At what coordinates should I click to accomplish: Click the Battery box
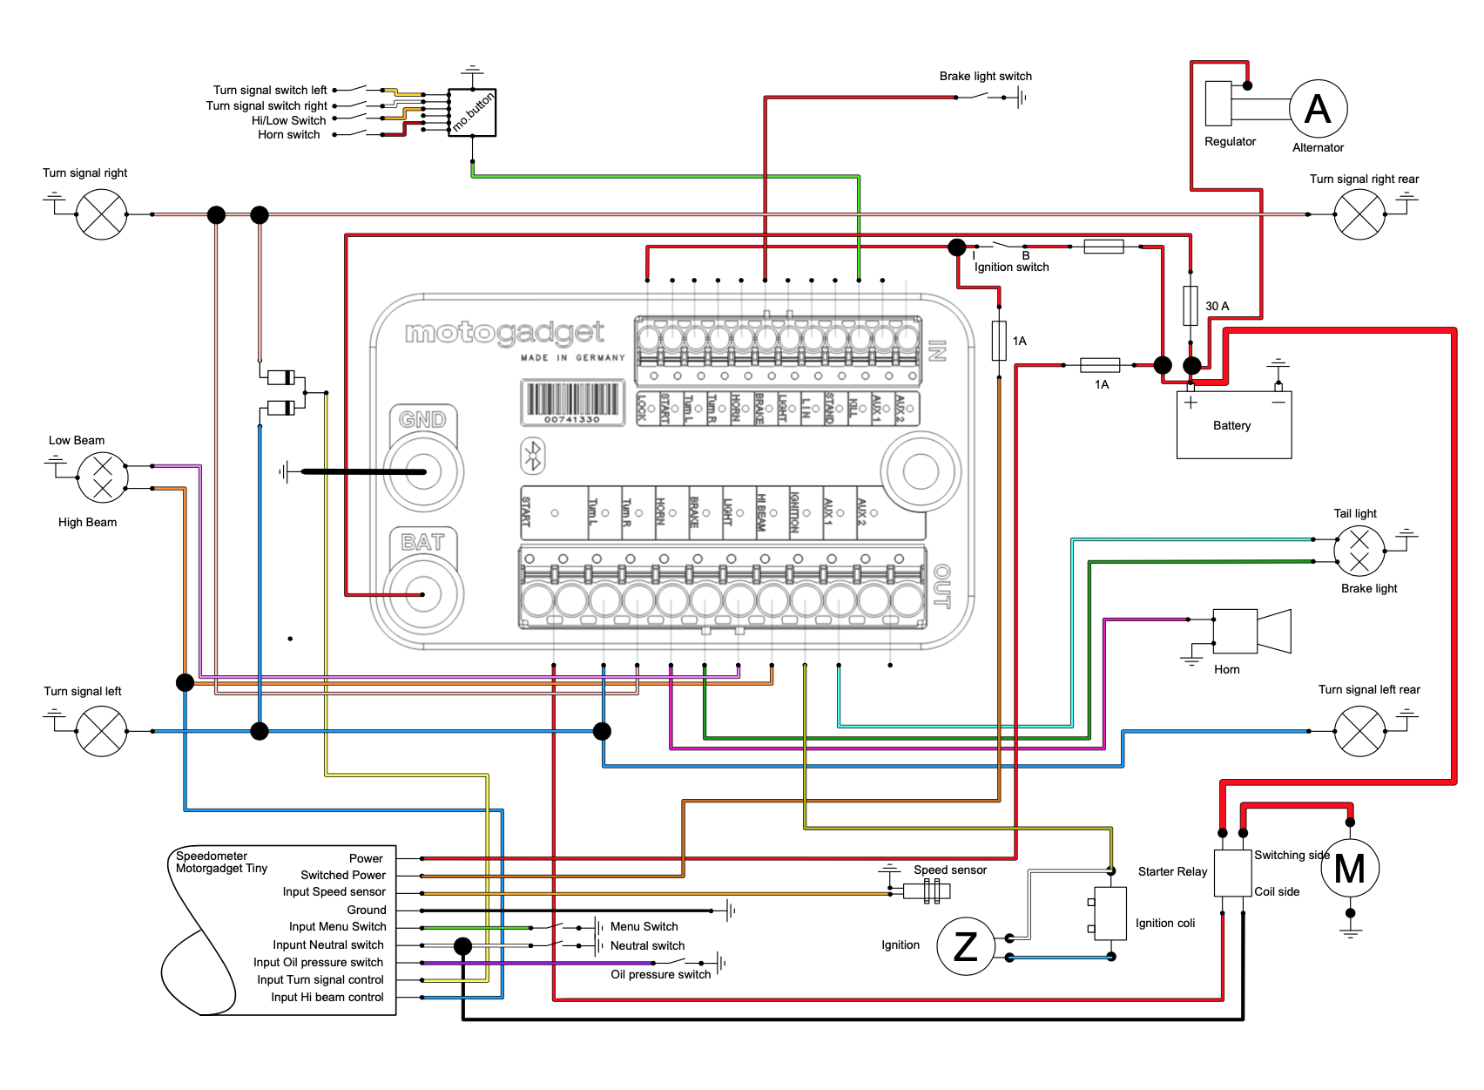point(1233,425)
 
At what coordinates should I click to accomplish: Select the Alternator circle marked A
point(1318,109)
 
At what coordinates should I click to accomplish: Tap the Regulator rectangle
point(1218,104)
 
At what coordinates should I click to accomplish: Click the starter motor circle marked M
point(1350,868)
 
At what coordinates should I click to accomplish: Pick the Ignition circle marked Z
point(965,946)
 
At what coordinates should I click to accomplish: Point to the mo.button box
point(472,112)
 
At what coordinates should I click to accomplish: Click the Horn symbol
point(1245,631)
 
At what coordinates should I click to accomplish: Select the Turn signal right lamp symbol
point(102,214)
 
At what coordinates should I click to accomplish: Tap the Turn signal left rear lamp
point(1359,731)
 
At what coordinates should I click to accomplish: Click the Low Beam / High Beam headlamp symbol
point(102,477)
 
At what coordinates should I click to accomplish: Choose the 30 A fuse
point(1191,305)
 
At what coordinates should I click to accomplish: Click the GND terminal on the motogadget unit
point(424,471)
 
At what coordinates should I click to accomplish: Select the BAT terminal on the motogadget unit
point(424,594)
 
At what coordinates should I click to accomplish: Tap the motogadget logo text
point(504,332)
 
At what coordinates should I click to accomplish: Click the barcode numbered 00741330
point(572,402)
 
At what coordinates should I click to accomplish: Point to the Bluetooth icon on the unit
point(533,456)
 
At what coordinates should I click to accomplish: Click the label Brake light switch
point(985,77)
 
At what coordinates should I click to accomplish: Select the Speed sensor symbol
point(927,890)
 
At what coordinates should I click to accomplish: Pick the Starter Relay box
point(1232,873)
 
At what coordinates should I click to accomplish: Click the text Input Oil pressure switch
point(318,963)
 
